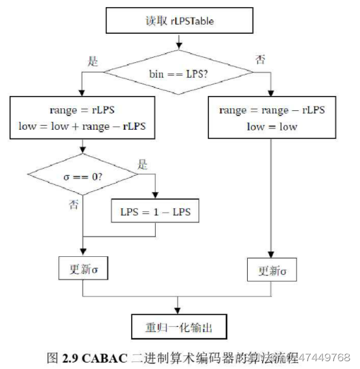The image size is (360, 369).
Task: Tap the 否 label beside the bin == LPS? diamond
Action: pos(260,60)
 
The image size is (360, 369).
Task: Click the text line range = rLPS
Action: pos(82,110)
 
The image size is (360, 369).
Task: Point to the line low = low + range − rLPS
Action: pos(82,126)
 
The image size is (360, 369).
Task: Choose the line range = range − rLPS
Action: pos(272,110)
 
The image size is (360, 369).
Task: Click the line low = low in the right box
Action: pos(272,126)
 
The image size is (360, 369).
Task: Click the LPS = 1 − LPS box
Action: pos(156,212)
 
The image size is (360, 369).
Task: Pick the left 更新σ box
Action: pos(82,267)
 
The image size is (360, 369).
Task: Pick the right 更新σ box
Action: pos(272,269)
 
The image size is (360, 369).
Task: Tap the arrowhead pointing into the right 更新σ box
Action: pos(272,254)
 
